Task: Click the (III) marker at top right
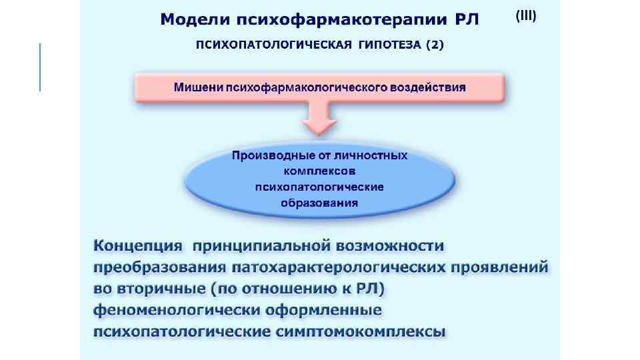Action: point(525,16)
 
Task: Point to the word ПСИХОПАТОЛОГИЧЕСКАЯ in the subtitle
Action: point(271,45)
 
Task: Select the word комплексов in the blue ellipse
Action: point(319,171)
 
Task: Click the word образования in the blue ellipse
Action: point(319,203)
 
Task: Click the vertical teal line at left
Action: point(40,67)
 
